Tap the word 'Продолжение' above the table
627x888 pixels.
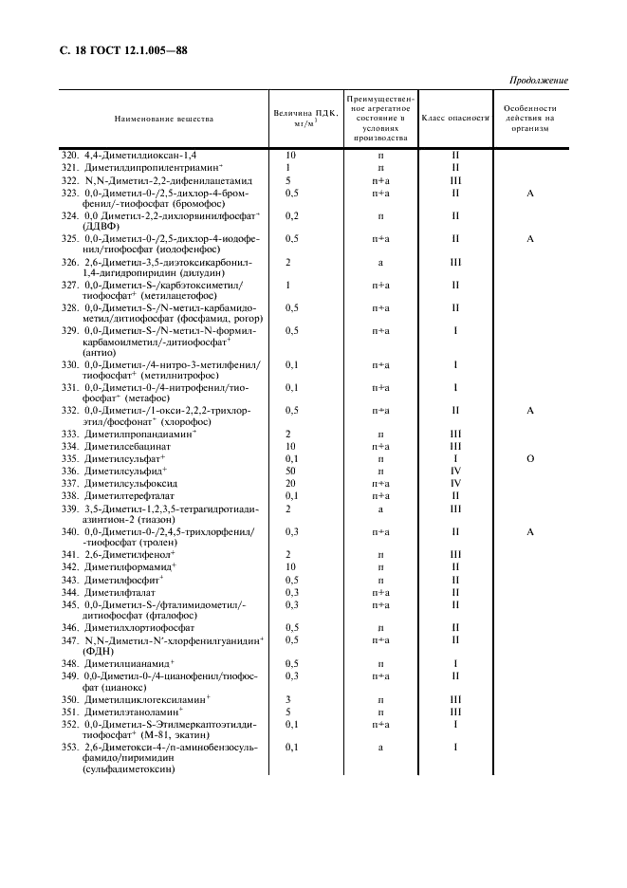coord(539,80)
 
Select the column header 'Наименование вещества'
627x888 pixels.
coord(164,119)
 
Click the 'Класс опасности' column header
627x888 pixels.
coord(454,119)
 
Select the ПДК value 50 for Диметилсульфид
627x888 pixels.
coord(290,472)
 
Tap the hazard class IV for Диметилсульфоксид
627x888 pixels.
coord(455,483)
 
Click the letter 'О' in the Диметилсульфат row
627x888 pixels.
coord(530,459)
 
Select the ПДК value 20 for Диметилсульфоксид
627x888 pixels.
coord(290,483)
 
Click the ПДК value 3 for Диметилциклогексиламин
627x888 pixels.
coord(288,698)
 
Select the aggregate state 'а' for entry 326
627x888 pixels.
coord(380,261)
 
